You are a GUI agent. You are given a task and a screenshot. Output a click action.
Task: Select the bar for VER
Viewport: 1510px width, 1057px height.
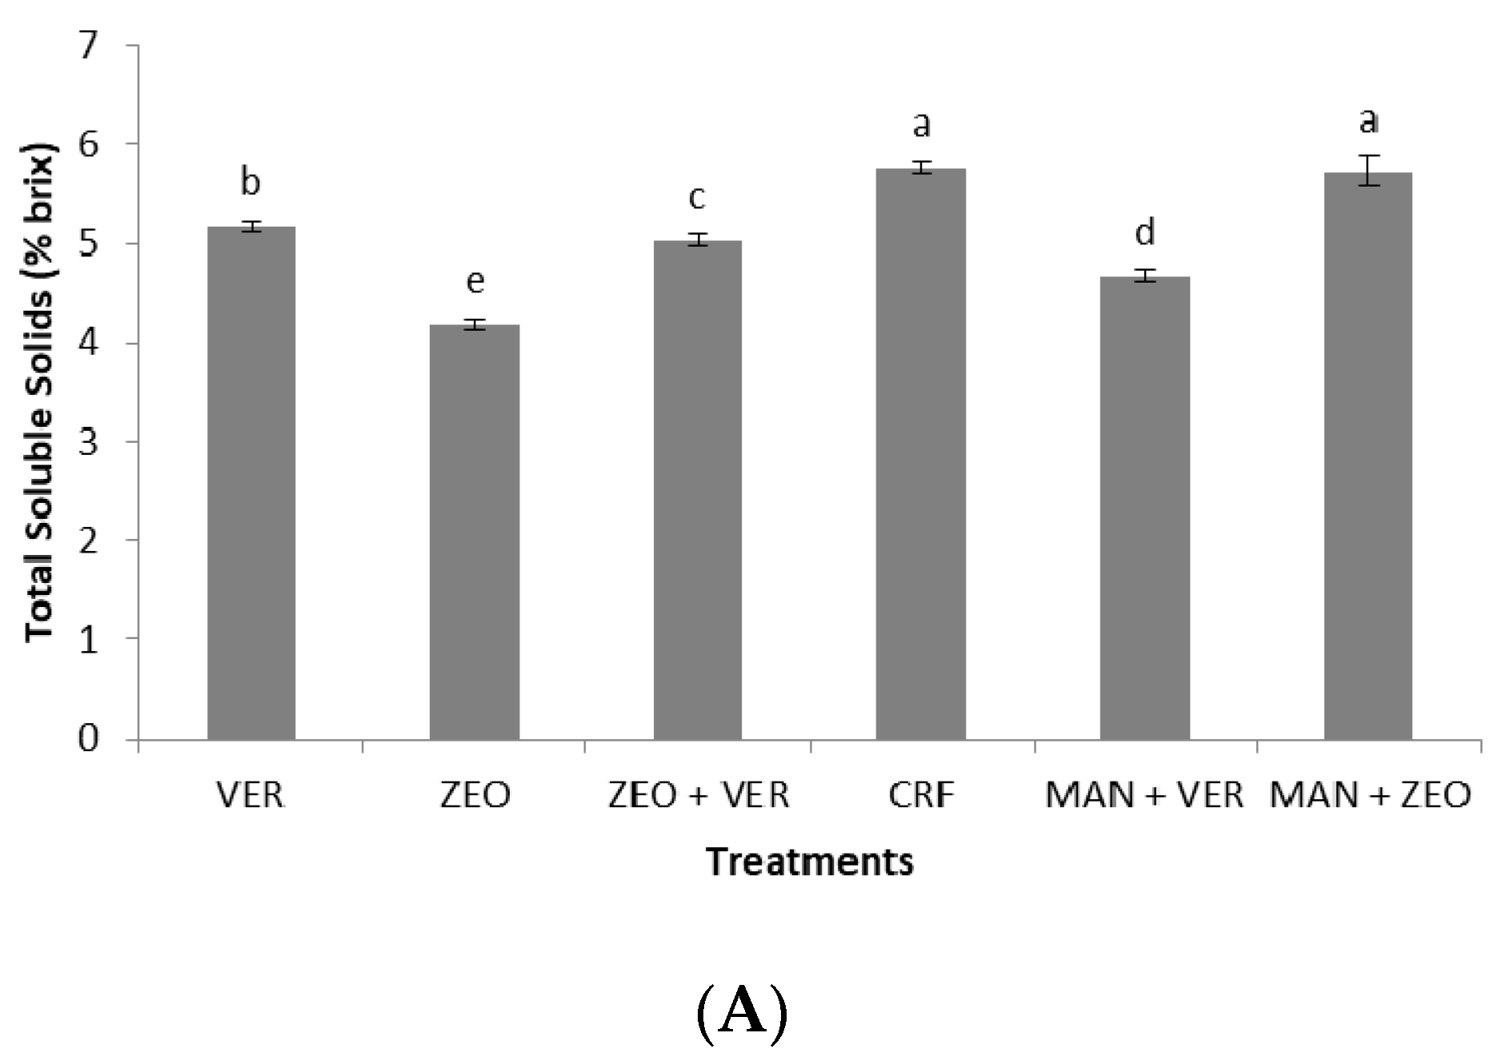point(251,483)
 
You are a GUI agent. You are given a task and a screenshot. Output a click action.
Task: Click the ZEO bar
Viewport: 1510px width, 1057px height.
point(475,532)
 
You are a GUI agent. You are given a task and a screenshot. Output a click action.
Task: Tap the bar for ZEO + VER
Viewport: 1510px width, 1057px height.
point(698,489)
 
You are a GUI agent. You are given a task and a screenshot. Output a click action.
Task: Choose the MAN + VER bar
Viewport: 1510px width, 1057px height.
point(1144,508)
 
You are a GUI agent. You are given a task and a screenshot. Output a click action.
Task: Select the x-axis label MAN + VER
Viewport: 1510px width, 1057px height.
point(1144,795)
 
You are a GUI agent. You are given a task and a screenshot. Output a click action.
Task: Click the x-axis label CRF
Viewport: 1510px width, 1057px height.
point(921,795)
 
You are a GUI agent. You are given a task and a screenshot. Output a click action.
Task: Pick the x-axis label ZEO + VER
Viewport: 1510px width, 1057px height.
point(699,795)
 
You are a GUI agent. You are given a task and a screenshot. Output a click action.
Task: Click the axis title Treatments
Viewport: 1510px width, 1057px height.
point(809,862)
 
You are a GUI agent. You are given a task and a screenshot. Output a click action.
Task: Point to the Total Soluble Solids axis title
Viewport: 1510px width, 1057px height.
point(40,392)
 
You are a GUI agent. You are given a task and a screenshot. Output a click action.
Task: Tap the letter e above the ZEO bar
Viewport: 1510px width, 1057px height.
point(475,281)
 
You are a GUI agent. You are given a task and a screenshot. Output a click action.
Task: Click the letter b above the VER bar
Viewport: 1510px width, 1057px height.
point(250,182)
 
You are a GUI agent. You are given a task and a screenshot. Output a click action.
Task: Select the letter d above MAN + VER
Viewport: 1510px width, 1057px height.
point(1145,231)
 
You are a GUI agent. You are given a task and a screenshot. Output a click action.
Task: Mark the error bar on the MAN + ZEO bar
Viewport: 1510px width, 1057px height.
point(1368,171)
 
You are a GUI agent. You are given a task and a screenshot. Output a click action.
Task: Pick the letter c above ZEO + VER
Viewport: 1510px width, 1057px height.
point(697,197)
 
